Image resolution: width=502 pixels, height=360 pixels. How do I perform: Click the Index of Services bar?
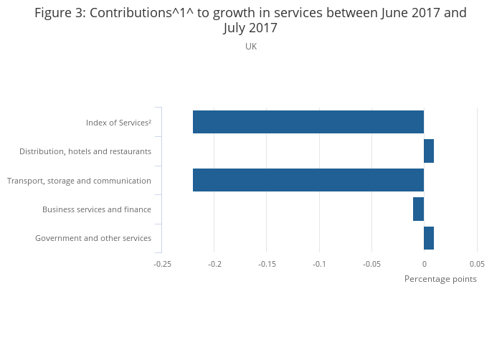click(x=308, y=122)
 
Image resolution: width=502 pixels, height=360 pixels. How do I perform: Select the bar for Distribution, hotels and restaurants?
click(x=429, y=151)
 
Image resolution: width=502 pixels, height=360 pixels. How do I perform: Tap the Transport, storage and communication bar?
click(x=308, y=180)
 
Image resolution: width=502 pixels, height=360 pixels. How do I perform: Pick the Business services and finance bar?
click(x=418, y=209)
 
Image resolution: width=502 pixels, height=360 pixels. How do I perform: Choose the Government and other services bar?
click(x=429, y=238)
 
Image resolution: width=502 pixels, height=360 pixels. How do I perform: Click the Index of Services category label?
click(x=118, y=123)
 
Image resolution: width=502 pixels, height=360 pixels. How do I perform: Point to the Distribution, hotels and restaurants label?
click(x=85, y=151)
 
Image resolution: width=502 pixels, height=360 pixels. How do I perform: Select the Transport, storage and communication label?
click(x=79, y=181)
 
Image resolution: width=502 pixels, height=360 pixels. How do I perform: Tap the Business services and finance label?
click(x=97, y=209)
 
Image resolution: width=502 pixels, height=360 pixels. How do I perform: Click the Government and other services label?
click(x=93, y=238)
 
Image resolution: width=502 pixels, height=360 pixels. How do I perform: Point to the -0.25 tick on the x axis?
click(x=162, y=264)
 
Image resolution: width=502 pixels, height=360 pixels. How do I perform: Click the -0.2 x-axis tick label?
click(x=214, y=264)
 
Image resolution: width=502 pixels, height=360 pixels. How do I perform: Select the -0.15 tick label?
click(x=267, y=264)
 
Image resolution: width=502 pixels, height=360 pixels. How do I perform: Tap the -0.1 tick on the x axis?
click(x=319, y=264)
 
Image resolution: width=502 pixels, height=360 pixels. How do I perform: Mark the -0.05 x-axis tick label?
click(x=371, y=264)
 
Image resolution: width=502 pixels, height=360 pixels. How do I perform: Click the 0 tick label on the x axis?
click(x=424, y=264)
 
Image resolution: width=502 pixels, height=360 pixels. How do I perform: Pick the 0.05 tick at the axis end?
click(x=477, y=264)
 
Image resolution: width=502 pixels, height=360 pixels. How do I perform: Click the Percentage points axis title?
click(x=440, y=279)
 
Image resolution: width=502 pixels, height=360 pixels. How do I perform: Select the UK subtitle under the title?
click(x=251, y=47)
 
